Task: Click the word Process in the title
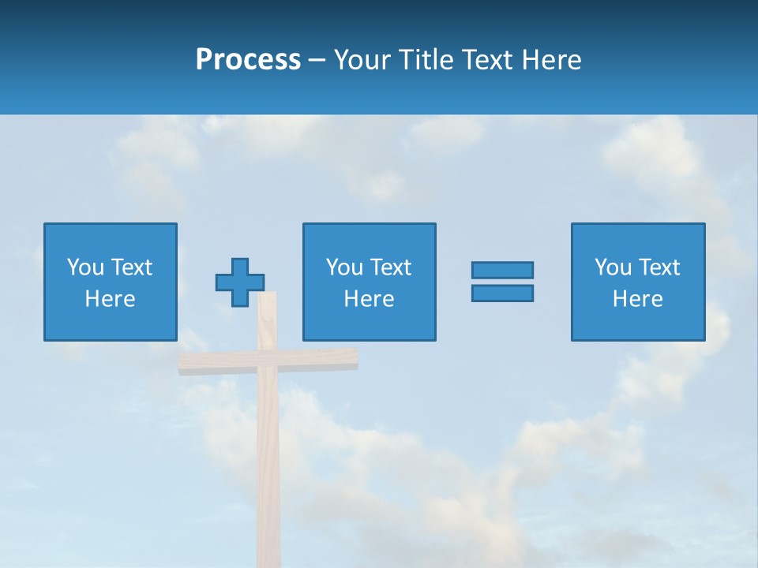pyautogui.click(x=248, y=60)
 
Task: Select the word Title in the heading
pyautogui.click(x=428, y=60)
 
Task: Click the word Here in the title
pyautogui.click(x=552, y=60)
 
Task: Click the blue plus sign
pyautogui.click(x=240, y=282)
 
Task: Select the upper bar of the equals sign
pyautogui.click(x=502, y=271)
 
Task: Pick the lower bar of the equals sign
pyautogui.click(x=502, y=293)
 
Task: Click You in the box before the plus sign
pyautogui.click(x=85, y=267)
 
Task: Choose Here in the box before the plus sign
pyautogui.click(x=110, y=299)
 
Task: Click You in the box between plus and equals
pyautogui.click(x=344, y=267)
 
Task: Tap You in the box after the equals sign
pyautogui.click(x=613, y=267)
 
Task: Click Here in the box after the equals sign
pyautogui.click(x=637, y=299)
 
